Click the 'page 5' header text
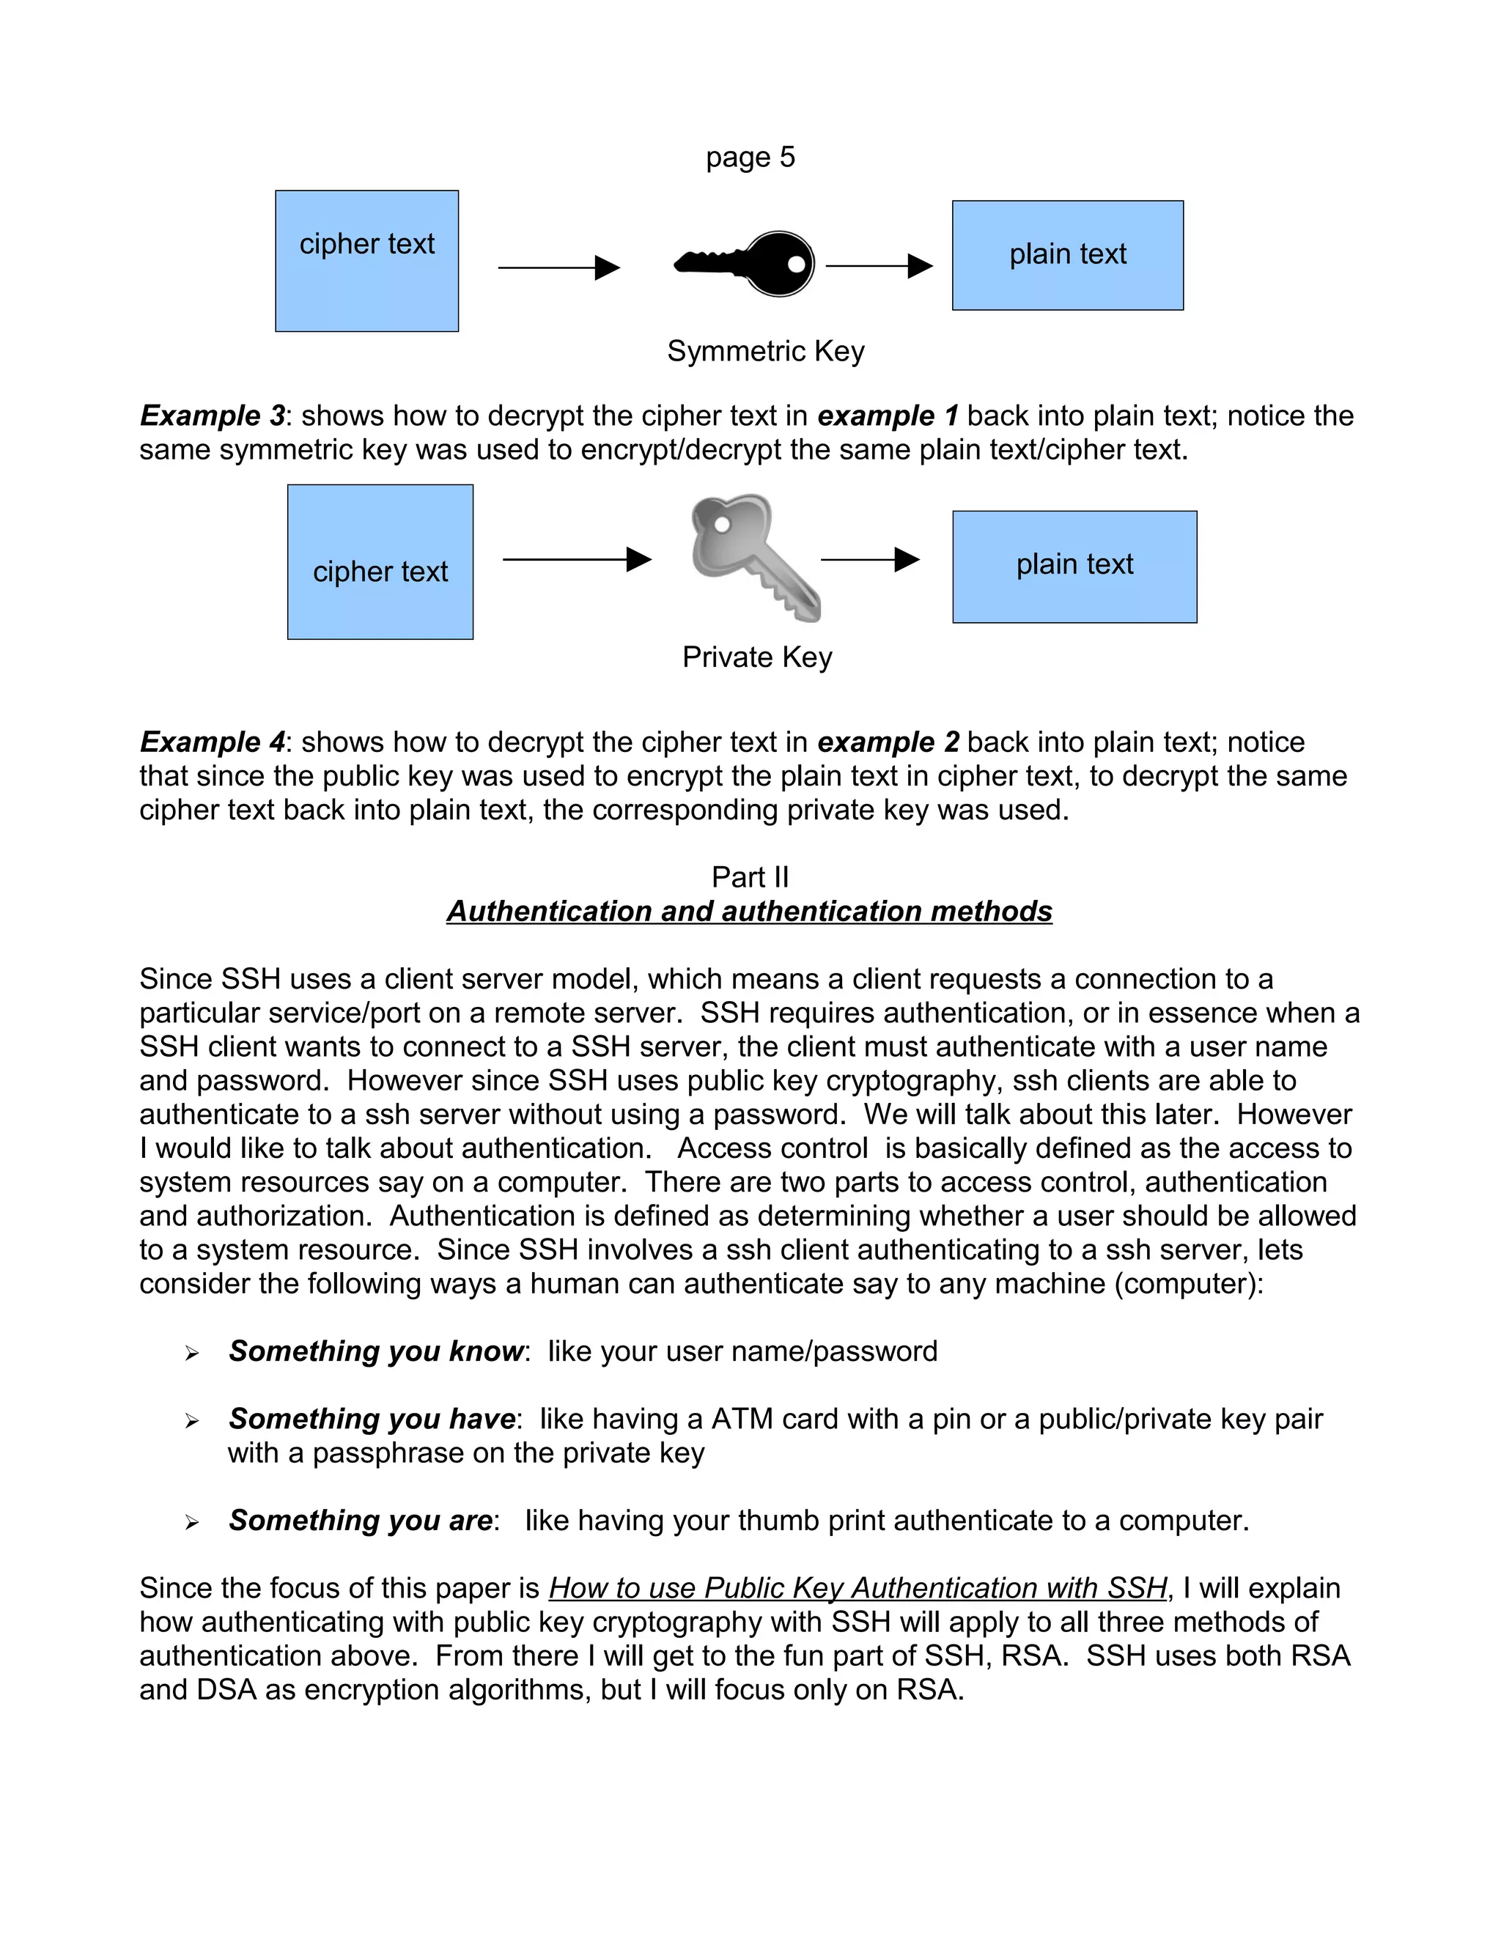click(x=750, y=158)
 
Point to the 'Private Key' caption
click(x=756, y=657)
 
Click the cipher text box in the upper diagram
click(x=366, y=261)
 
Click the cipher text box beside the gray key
click(x=380, y=562)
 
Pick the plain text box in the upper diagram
click(x=1067, y=255)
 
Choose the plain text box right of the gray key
click(x=1074, y=566)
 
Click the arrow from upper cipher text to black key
click(x=558, y=267)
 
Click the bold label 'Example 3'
click(x=213, y=416)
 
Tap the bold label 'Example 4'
click(x=213, y=742)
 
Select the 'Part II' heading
click(x=750, y=876)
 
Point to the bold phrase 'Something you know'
click(x=375, y=1351)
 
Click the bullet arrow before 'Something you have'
click(x=192, y=1421)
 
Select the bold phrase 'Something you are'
click(x=360, y=1520)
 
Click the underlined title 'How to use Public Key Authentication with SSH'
click(x=858, y=1588)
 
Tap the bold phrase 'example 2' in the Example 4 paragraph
click(x=888, y=742)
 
